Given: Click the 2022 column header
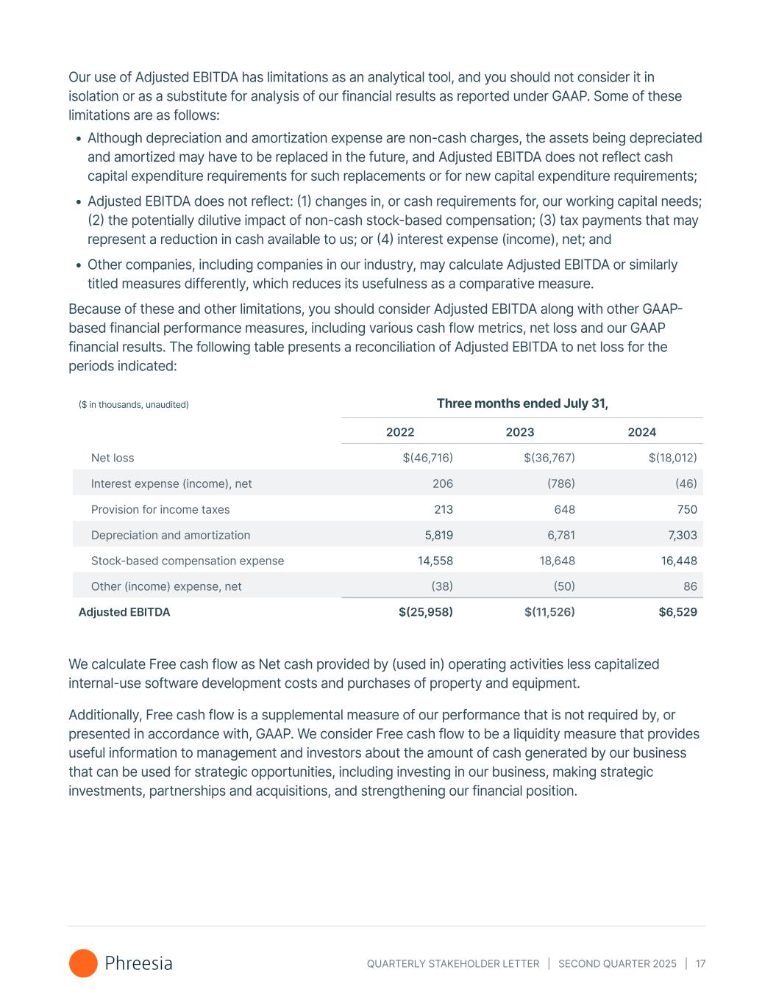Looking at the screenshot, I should (x=400, y=432).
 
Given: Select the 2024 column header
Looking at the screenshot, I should (x=641, y=432).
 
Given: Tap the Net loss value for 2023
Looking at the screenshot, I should (x=549, y=458).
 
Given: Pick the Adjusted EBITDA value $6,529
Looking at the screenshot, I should (x=677, y=612).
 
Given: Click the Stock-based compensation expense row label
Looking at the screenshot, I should (x=188, y=561).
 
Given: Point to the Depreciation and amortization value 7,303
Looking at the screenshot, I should (x=680, y=535).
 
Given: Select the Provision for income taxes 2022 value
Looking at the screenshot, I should (x=443, y=509).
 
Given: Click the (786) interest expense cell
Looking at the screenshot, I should (x=560, y=483).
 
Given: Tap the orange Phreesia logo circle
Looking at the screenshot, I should (x=83, y=963).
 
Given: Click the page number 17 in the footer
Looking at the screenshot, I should (x=700, y=963).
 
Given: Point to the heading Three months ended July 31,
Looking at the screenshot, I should (x=522, y=403).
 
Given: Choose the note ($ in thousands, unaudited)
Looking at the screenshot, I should (x=134, y=405).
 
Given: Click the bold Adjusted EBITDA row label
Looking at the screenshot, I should (x=124, y=612).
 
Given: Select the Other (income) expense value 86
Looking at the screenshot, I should (x=689, y=586).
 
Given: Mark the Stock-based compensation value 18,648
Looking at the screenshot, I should (x=557, y=561).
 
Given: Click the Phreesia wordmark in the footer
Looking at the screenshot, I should (x=139, y=963).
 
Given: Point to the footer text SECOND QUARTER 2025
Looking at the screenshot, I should (x=617, y=963).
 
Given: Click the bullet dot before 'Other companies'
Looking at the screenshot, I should (x=79, y=265).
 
